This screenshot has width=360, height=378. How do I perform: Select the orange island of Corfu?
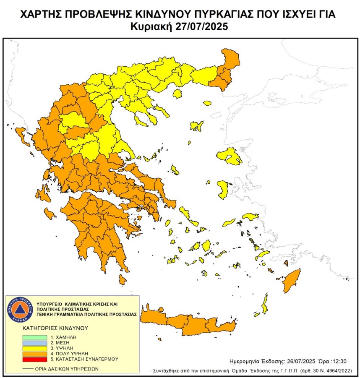pyautogui.click(x=19, y=134)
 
